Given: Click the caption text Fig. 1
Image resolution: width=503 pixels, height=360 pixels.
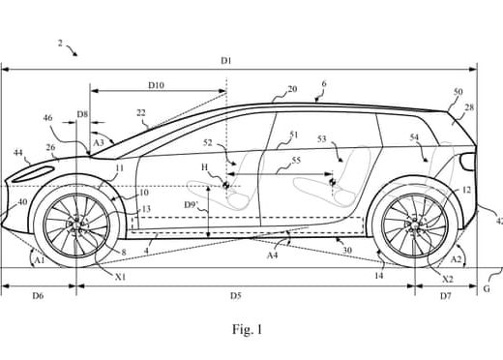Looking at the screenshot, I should pos(247,330).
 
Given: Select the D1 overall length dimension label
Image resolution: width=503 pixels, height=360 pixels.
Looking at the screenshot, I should pos(225,60).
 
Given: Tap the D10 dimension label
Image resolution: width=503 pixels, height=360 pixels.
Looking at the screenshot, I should pos(156,85).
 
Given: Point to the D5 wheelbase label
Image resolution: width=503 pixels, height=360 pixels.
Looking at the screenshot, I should pos(235,293).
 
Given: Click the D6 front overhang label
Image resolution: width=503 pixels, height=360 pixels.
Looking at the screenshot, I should pos(39,293).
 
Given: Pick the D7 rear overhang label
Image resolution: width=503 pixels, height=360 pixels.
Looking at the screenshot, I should pos(445,293).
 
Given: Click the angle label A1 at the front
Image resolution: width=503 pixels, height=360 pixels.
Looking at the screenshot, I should pos(38,260).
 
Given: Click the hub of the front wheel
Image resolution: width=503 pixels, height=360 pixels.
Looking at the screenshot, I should pos(77,225).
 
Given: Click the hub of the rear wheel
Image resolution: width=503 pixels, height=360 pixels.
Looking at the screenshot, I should pos(416,225).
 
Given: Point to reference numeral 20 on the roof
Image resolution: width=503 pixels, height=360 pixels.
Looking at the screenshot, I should pos(292,89).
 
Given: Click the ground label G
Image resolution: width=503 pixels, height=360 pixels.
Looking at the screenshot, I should pos(487,289).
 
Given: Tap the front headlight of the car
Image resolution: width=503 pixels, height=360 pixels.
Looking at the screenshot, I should pos(34,173).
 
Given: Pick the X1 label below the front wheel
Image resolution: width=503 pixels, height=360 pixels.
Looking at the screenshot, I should pos(119,276).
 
